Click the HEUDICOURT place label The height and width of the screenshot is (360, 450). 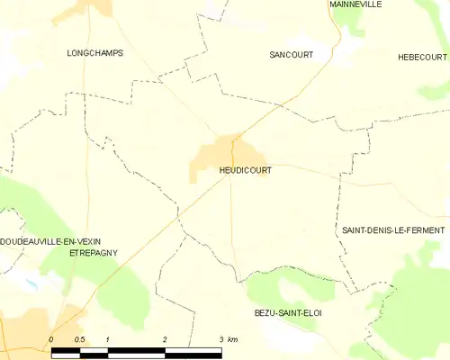tap(245, 169)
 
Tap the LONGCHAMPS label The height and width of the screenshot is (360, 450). tap(94, 53)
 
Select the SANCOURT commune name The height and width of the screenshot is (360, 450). tap(292, 55)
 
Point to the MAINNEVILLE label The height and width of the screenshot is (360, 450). tap(355, 4)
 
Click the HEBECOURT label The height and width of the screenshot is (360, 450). tap(423, 57)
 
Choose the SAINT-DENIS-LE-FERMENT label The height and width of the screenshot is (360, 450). tap(392, 230)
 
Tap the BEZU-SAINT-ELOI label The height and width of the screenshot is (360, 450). tap(288, 312)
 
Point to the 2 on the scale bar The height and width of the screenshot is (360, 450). tap(165, 338)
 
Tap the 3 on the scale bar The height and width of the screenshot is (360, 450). tap(220, 338)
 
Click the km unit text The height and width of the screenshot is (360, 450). tap(233, 338)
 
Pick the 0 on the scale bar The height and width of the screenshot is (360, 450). tap(51, 338)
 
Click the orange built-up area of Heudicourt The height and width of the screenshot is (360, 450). tap(216, 155)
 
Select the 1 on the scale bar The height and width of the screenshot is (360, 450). tap(107, 338)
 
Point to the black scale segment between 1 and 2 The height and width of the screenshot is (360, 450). tap(136, 349)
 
